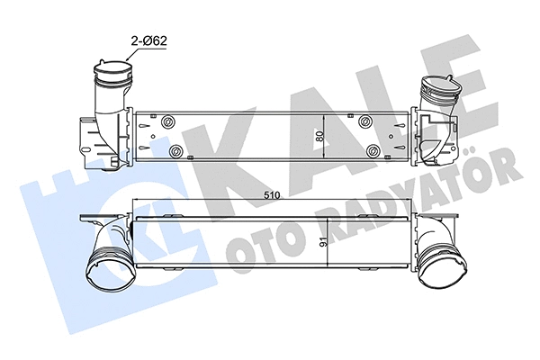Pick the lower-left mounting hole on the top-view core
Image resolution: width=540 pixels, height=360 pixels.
pyautogui.click(x=177, y=150)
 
